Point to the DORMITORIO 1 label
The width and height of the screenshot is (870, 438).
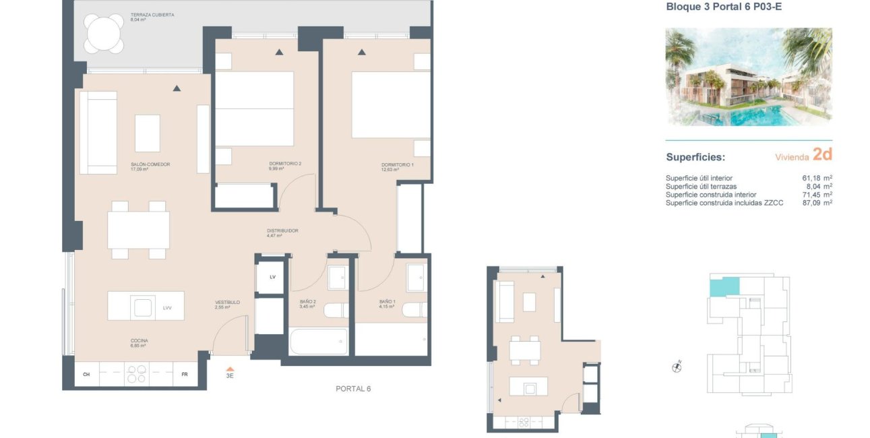[x=397, y=165]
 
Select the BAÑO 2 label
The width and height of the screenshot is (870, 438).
[x=307, y=302]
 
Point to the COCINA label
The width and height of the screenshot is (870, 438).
[x=139, y=341]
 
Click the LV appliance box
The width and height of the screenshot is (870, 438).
[x=272, y=278]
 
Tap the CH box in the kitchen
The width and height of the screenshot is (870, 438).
[x=86, y=374]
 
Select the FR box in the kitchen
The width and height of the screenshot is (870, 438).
[x=185, y=374]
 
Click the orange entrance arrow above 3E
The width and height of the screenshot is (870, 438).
[x=230, y=368]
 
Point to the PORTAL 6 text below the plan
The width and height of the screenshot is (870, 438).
[x=353, y=389]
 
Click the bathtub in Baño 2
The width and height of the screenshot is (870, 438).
[x=318, y=341]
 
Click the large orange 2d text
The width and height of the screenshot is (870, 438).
[x=822, y=154]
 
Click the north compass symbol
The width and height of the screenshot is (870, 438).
[x=677, y=367]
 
